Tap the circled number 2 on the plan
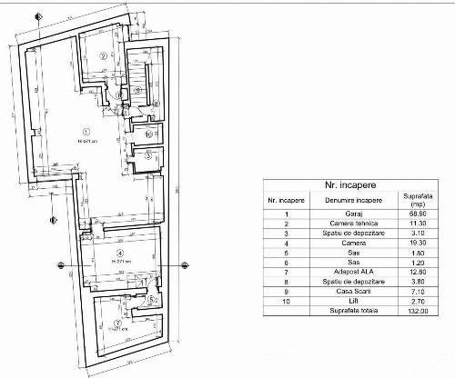click(x=104, y=55)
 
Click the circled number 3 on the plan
click(x=148, y=156)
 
